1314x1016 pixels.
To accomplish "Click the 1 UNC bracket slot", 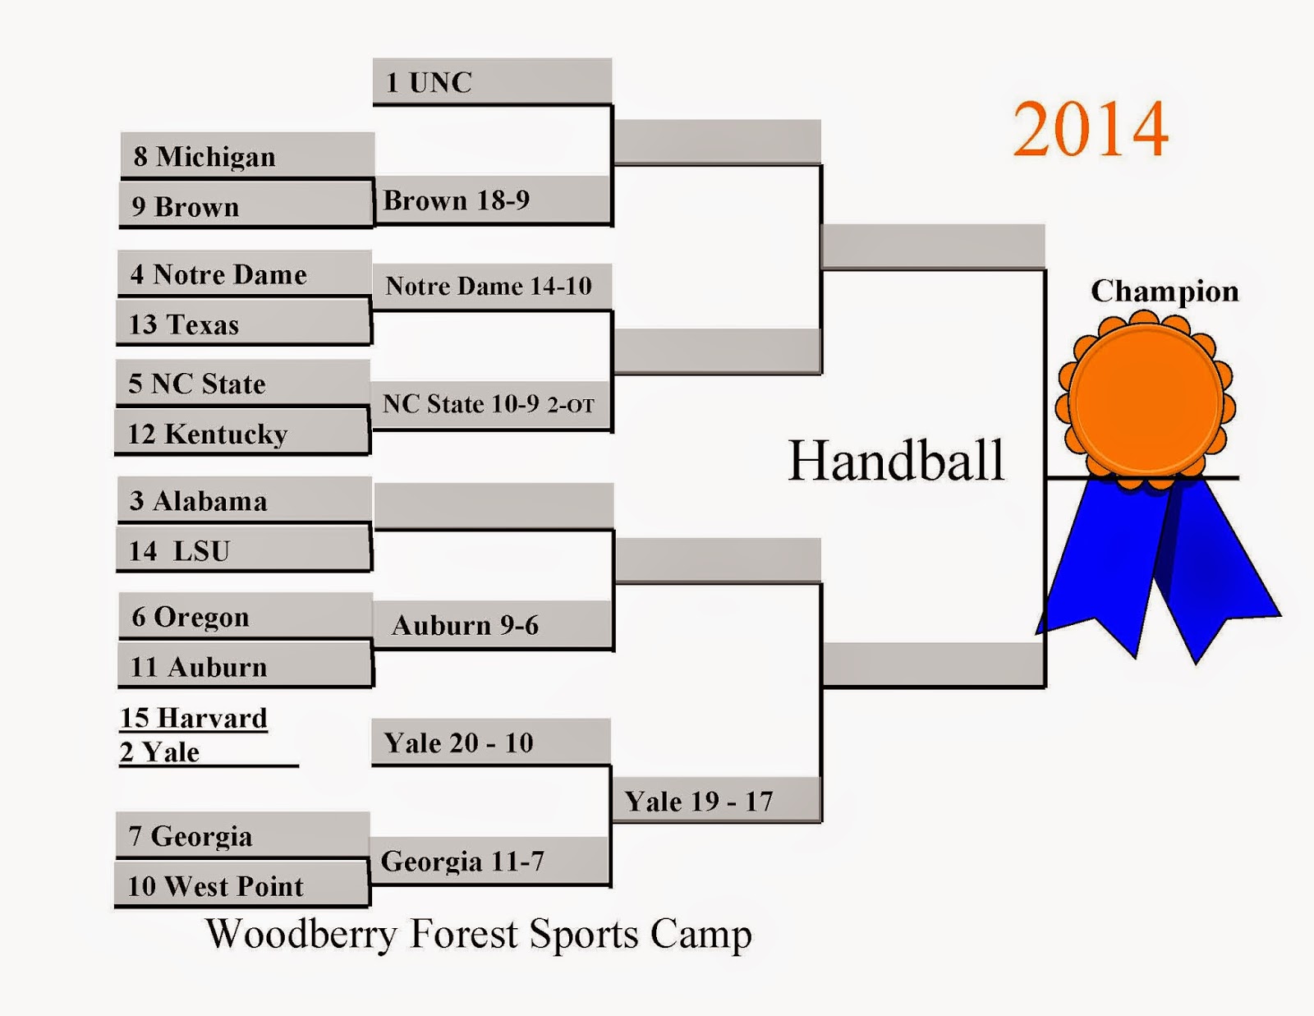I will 491,82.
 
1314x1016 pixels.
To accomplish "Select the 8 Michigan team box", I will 246,156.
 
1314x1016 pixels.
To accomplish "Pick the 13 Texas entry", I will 243,324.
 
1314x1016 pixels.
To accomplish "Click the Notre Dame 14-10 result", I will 490,286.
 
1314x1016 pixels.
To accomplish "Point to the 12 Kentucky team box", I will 241,434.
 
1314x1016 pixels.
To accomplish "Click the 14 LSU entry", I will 243,550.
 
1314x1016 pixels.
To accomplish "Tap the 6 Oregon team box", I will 245,617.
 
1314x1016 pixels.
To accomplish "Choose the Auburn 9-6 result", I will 493,626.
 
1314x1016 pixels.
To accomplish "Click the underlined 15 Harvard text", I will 194,719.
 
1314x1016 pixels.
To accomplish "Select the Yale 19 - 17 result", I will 714,802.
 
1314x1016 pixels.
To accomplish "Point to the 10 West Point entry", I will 241,886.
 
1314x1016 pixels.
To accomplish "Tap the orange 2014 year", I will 1090,129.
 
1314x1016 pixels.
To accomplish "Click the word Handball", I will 896,460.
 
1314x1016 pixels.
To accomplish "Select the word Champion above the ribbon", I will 1164,292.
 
